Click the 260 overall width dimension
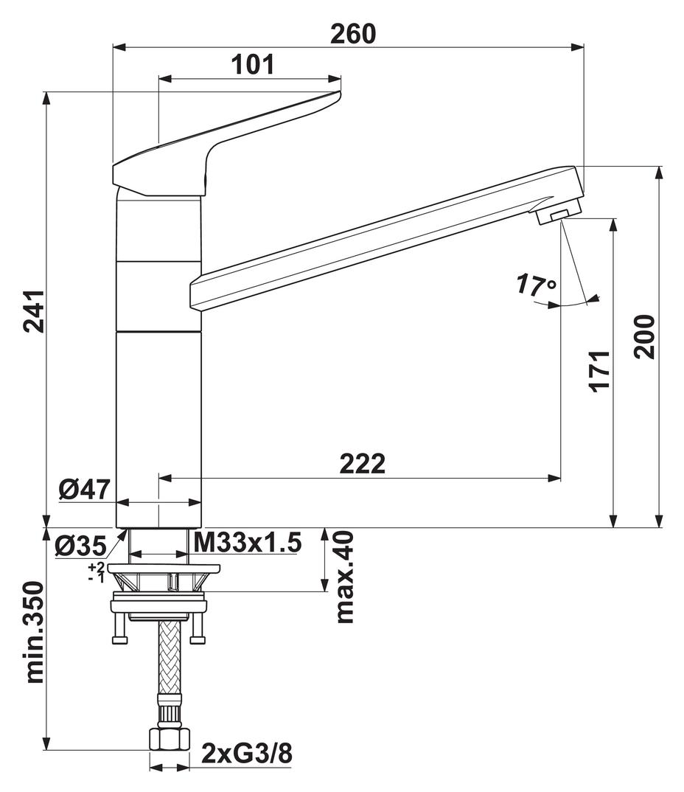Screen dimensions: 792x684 (353, 33)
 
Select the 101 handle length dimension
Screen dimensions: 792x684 (252, 65)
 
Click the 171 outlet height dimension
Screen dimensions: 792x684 (599, 371)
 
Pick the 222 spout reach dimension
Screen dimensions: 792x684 (362, 464)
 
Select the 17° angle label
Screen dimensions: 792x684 (536, 285)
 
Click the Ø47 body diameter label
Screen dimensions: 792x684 (85, 489)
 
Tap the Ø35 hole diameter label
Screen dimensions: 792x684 (80, 546)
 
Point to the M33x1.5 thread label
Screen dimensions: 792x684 (247, 544)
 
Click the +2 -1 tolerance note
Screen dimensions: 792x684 (96, 572)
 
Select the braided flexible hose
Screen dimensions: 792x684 (169, 660)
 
